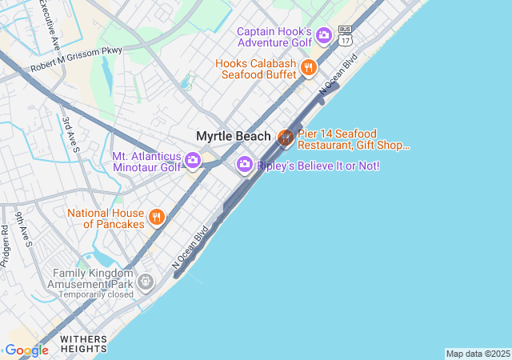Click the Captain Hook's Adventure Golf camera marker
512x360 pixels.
[x=324, y=34]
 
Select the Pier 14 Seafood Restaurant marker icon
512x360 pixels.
[x=285, y=138]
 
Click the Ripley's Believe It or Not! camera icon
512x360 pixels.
[x=245, y=165]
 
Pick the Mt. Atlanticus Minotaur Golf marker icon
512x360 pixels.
[x=193, y=161]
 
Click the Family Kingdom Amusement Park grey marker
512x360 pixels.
[x=145, y=281]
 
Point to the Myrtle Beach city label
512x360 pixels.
[x=234, y=137]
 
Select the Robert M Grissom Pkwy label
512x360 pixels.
[x=77, y=60]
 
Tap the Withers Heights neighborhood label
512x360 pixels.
[x=83, y=344]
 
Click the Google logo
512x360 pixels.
[x=26, y=350]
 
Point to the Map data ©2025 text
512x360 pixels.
[x=478, y=354]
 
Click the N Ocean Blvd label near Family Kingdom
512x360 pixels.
[x=190, y=246]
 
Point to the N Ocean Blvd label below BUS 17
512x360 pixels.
[x=337, y=77]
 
